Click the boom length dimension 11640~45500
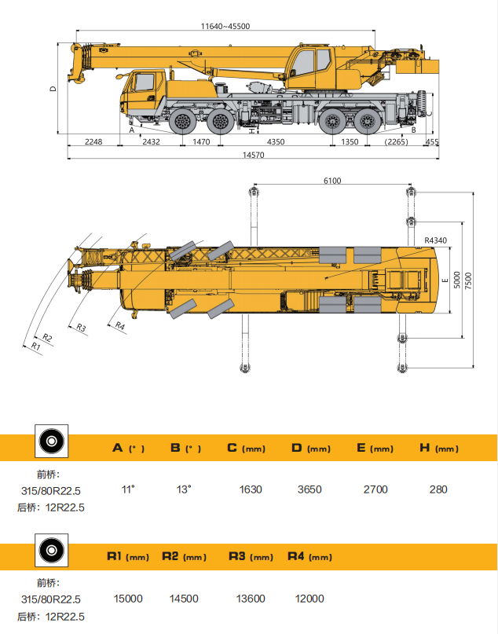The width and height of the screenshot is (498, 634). click(225, 26)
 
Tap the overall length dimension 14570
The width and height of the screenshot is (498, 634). click(253, 156)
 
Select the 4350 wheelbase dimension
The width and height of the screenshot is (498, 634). click(276, 141)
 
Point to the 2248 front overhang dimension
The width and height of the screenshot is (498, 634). click(93, 141)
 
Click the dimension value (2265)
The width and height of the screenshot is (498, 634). click(396, 141)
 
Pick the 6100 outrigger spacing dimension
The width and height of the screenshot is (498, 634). click(332, 181)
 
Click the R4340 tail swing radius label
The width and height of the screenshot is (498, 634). click(434, 240)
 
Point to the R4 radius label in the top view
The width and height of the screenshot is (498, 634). click(120, 325)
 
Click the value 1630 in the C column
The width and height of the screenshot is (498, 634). click(250, 489)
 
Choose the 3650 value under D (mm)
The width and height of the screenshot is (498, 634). click(309, 489)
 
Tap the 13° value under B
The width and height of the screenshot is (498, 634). click(184, 489)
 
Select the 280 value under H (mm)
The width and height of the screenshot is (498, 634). click(438, 489)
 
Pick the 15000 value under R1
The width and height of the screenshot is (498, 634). click(128, 598)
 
